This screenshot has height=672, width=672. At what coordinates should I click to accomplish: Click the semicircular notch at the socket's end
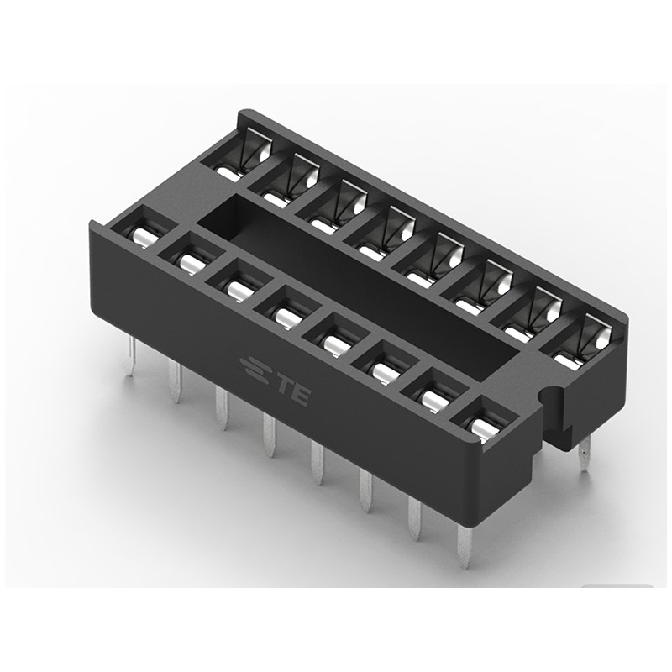coord(550,395)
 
